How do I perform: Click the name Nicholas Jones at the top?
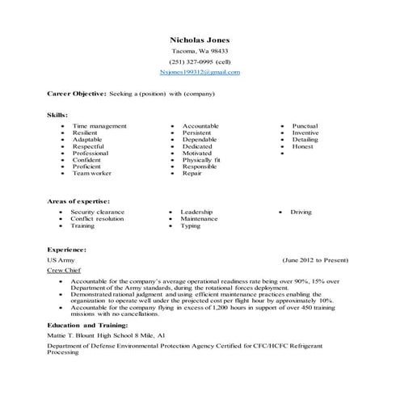(200, 39)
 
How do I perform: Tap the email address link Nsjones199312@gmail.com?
(200, 72)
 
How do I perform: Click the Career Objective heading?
(77, 94)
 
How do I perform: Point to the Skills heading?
(57, 116)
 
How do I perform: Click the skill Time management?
(99, 126)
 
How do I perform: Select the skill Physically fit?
(201, 160)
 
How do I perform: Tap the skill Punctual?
(305, 126)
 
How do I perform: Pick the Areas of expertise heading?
(78, 200)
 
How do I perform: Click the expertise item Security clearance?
(99, 212)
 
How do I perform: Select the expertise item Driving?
(301, 212)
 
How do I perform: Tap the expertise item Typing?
(191, 225)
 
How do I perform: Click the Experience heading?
(66, 251)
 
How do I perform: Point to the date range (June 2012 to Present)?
(315, 261)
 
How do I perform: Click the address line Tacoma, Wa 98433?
(200, 51)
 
